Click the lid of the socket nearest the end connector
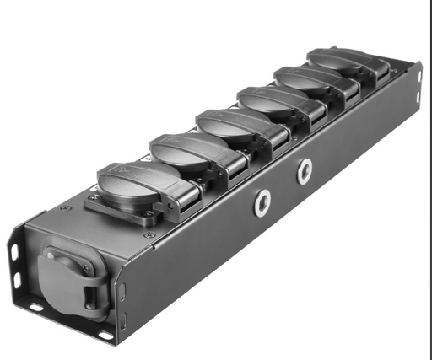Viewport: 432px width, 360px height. click(x=129, y=179)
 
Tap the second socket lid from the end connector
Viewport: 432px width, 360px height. click(x=181, y=150)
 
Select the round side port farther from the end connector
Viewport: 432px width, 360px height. click(x=304, y=172)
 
